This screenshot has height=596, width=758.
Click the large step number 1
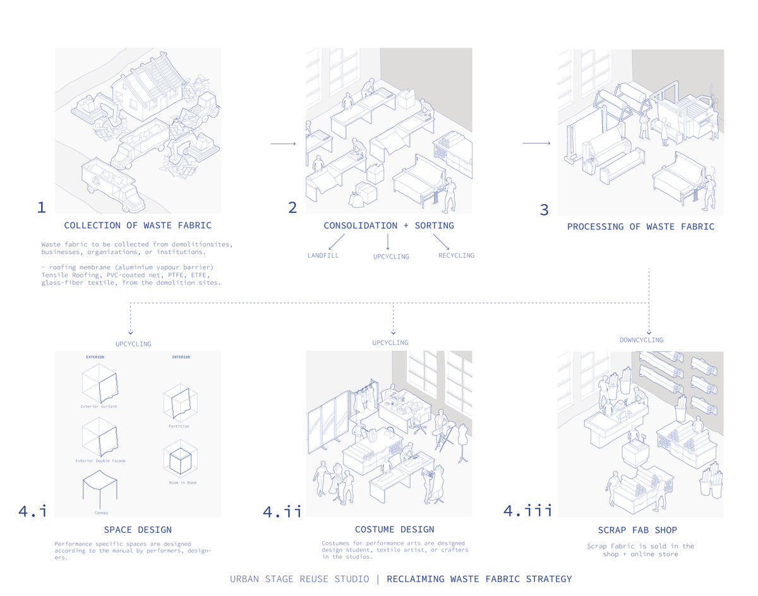tap(42, 207)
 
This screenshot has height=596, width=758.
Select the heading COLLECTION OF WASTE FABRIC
tap(137, 226)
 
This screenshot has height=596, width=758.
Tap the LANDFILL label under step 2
tap(323, 255)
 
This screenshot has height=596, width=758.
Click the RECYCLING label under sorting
tap(456, 255)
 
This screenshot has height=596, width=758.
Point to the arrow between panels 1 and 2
tap(283, 145)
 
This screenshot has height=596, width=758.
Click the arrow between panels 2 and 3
tap(536, 144)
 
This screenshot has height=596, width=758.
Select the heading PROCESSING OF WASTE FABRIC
tap(641, 226)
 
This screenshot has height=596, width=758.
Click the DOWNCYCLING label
tap(641, 340)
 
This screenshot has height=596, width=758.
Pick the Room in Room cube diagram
tap(179, 459)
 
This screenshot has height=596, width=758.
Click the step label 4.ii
tap(282, 511)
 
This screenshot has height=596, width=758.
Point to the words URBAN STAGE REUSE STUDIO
tap(299, 579)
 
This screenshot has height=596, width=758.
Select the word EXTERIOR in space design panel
tap(95, 357)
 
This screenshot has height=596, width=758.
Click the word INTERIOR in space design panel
tap(181, 357)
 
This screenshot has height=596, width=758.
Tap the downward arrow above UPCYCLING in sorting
tap(388, 242)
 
